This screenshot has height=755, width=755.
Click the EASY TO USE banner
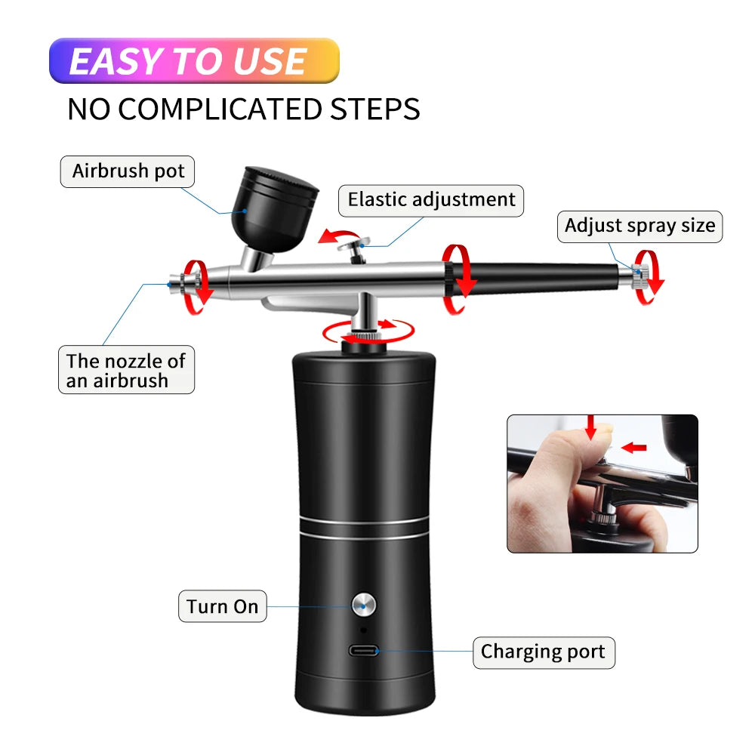[x=194, y=60]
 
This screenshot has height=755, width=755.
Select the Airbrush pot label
[x=128, y=171]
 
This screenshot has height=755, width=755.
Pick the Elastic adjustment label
[x=431, y=200]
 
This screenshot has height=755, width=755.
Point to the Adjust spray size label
[x=639, y=226]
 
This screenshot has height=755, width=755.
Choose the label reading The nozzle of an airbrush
[x=126, y=370]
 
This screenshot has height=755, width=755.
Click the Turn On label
[x=223, y=606]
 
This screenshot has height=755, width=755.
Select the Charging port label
[x=543, y=652]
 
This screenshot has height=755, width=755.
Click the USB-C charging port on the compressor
[x=364, y=650]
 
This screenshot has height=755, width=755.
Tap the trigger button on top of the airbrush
[x=357, y=244]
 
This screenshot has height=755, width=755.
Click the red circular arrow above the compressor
[x=368, y=331]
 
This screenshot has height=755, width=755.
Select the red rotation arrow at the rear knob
[x=647, y=276]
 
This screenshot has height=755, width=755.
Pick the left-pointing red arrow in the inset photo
[x=636, y=448]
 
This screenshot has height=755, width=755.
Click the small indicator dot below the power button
[x=364, y=629]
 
